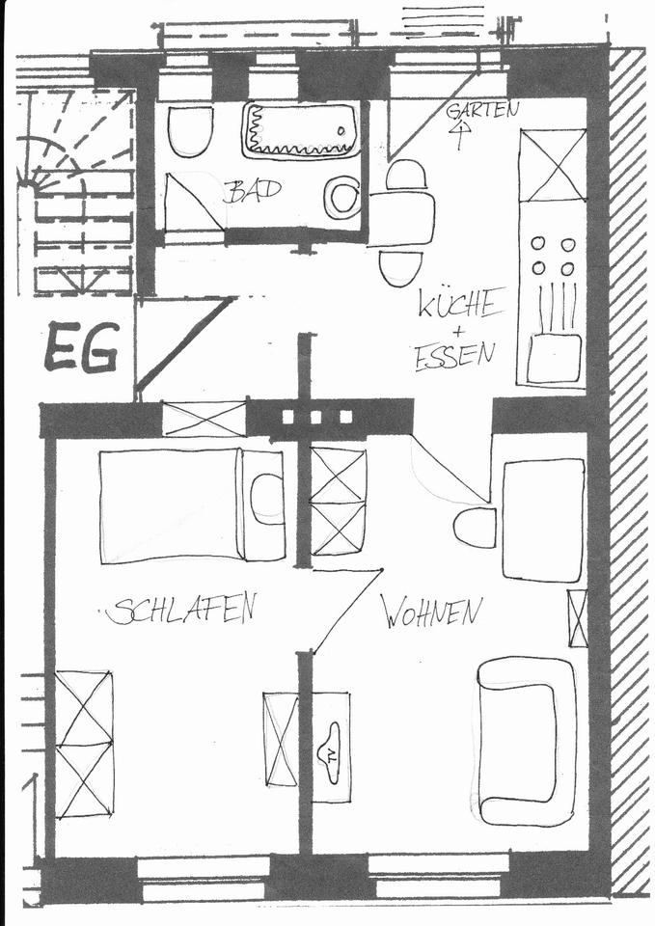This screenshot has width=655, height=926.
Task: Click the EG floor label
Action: (81, 348)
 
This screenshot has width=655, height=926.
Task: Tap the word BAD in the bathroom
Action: (252, 190)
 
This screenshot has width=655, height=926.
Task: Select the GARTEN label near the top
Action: (481, 110)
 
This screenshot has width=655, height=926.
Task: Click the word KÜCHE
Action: (460, 305)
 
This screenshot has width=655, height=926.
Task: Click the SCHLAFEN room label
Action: (182, 609)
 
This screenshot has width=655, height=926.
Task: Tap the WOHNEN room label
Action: (431, 611)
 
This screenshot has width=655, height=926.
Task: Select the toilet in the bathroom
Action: (190, 130)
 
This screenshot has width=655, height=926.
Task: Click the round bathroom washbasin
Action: (341, 198)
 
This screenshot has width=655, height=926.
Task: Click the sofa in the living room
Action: (526, 741)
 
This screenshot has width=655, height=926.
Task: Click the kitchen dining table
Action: (401, 219)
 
